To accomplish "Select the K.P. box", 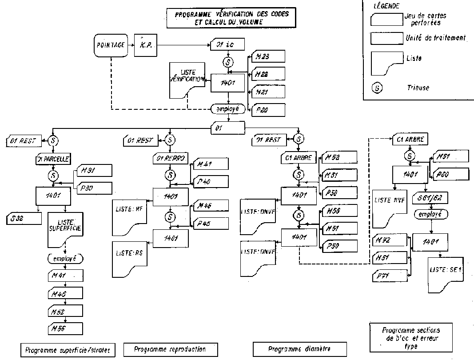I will pos(146,44).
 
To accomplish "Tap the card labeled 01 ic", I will pos(228,44).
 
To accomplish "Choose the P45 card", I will pos(210,223).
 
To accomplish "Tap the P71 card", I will pos(388,276).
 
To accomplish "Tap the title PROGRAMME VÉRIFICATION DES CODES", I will pos(231,14).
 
